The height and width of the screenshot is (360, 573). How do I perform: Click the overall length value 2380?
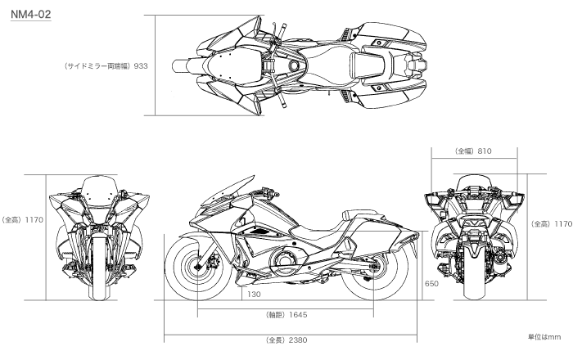[294, 339]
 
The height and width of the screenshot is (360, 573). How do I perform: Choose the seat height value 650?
[431, 284]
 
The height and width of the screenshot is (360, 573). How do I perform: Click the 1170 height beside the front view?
[34, 219]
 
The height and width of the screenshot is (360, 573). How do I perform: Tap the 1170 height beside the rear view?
[562, 223]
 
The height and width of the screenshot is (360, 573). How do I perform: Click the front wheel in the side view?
[199, 267]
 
